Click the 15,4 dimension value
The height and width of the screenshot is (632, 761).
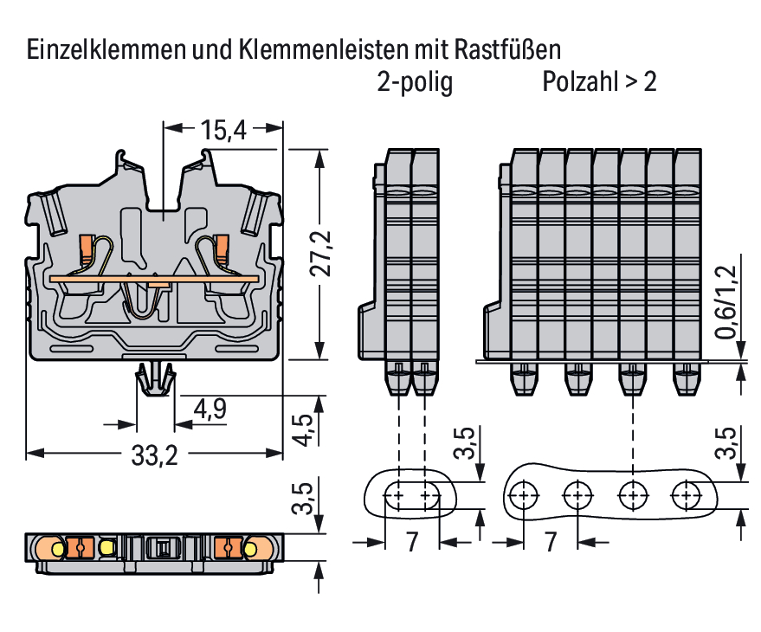[x=224, y=131]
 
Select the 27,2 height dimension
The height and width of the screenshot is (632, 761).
[x=322, y=254]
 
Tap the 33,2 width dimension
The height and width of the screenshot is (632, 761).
[x=154, y=456]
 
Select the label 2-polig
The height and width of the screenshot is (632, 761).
[x=415, y=83]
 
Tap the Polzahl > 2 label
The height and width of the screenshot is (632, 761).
[x=599, y=83]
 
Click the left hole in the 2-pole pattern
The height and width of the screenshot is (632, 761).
[x=395, y=496]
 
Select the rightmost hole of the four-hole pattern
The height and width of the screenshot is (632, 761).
[x=689, y=495]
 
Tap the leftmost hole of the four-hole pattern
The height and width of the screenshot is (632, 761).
[x=521, y=495]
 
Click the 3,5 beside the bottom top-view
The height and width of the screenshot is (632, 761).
[x=302, y=500]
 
